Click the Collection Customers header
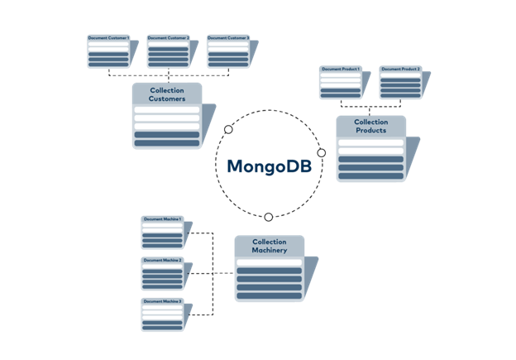(166, 94)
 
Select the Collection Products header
(370, 126)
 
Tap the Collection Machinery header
(269, 246)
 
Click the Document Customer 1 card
(108, 50)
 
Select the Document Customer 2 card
(168, 50)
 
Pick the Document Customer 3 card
(227, 50)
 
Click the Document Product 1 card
(341, 82)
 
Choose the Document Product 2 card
(400, 82)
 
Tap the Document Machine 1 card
(162, 233)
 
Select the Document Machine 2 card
(162, 273)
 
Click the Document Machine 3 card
(162, 314)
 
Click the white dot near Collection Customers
(228, 129)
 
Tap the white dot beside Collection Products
(322, 152)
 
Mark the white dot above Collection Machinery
(268, 217)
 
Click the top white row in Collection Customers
(166, 110)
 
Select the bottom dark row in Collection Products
(370, 175)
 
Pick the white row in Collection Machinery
(269, 262)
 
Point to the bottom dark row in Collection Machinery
(269, 294)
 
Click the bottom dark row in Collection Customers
(166, 142)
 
